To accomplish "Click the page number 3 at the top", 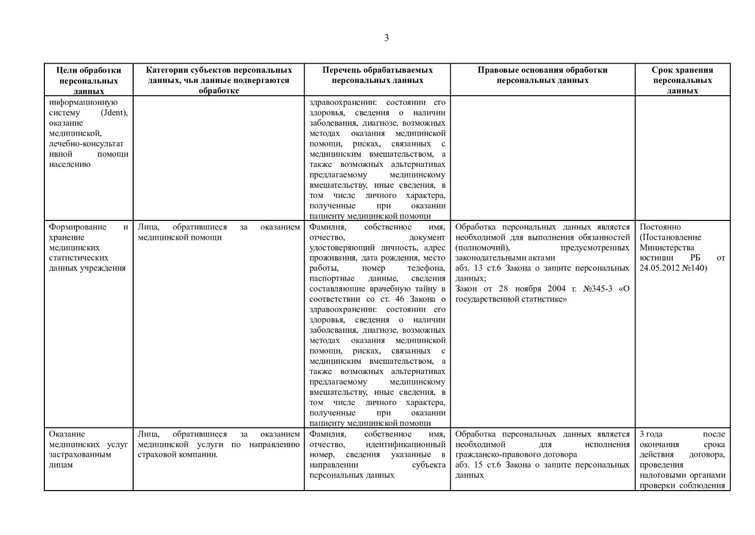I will click(387, 38).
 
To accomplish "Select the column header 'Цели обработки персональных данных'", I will click(89, 80).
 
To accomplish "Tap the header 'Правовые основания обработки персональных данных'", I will click(542, 75).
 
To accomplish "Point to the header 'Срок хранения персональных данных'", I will click(682, 80).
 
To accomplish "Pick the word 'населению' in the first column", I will click(70, 164).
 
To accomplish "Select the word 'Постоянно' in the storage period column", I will click(660, 227).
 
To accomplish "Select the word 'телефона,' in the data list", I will click(426, 268).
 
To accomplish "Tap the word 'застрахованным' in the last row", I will click(80, 455).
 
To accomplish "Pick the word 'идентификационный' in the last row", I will click(405, 445).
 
